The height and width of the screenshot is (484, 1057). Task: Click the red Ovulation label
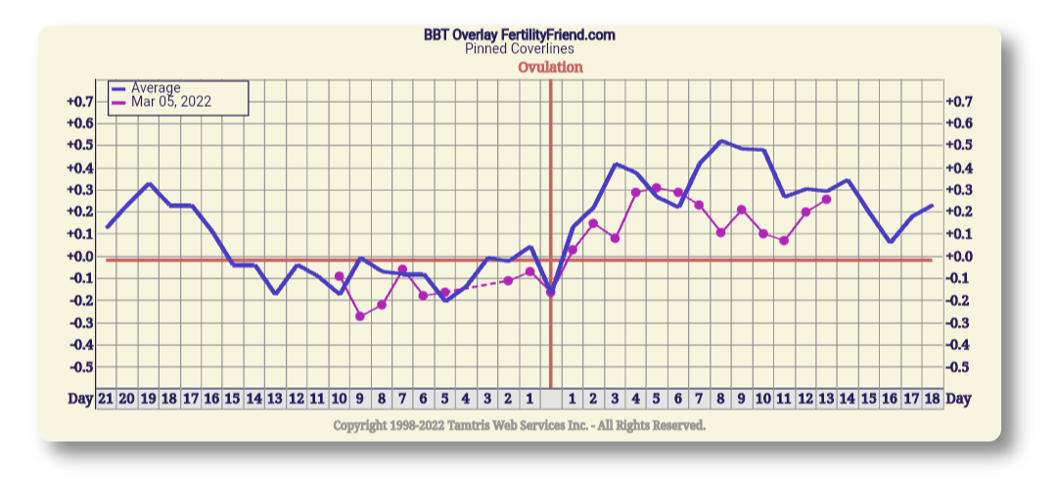550,68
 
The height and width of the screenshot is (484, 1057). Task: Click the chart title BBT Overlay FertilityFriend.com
519,35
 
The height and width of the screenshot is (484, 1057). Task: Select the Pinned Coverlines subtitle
519,49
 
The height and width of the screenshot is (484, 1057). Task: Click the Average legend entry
156,88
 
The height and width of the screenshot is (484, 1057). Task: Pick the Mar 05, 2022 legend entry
171,101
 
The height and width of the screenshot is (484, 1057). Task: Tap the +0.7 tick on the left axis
80,102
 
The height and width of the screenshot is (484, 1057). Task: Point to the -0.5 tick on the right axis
960,367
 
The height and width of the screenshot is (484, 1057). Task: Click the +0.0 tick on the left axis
80,257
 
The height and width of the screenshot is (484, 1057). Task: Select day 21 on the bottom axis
106,399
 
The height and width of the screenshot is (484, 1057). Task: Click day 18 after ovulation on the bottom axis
932,399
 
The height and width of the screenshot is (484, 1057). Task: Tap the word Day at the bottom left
80,399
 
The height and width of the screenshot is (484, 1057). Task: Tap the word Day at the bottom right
959,399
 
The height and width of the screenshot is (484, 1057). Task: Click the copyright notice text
519,425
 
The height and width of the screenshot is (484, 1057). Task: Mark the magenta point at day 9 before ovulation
360,316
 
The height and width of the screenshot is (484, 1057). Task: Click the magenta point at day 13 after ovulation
826,199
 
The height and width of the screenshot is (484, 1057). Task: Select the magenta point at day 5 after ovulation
657,187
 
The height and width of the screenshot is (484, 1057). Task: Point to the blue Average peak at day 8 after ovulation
721,141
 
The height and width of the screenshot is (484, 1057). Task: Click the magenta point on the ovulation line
550,292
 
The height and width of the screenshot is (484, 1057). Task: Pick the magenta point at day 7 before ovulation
402,269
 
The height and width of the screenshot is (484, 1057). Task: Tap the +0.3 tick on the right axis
960,190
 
